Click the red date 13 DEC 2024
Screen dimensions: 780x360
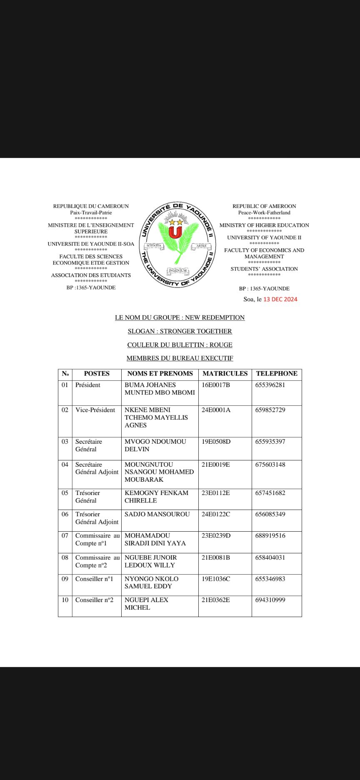tap(280, 299)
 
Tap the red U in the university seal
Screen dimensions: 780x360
tap(175, 232)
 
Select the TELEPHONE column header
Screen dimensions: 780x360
tap(277, 374)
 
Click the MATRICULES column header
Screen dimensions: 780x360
tap(225, 374)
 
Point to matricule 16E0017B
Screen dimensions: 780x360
tap(216, 385)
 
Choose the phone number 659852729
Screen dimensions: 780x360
tap(270, 410)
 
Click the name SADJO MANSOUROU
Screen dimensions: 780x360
tap(157, 514)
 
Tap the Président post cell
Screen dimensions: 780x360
tap(88, 385)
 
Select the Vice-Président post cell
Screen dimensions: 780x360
tap(95, 410)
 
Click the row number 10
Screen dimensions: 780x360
tap(65, 600)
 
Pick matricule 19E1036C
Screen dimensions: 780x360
tap(216, 579)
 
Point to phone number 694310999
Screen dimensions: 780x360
tap(270, 600)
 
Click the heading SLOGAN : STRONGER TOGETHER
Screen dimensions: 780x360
tap(180, 331)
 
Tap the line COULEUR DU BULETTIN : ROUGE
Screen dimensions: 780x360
tap(180, 345)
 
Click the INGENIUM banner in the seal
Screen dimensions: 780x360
tap(178, 271)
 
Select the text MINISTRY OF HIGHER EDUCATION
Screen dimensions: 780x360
tap(264, 225)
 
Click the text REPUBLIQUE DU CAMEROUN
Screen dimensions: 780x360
tap(91, 206)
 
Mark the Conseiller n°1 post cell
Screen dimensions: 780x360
tap(94, 579)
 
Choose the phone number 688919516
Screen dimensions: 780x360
tap(270, 535)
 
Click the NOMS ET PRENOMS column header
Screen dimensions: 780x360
tap(160, 374)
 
